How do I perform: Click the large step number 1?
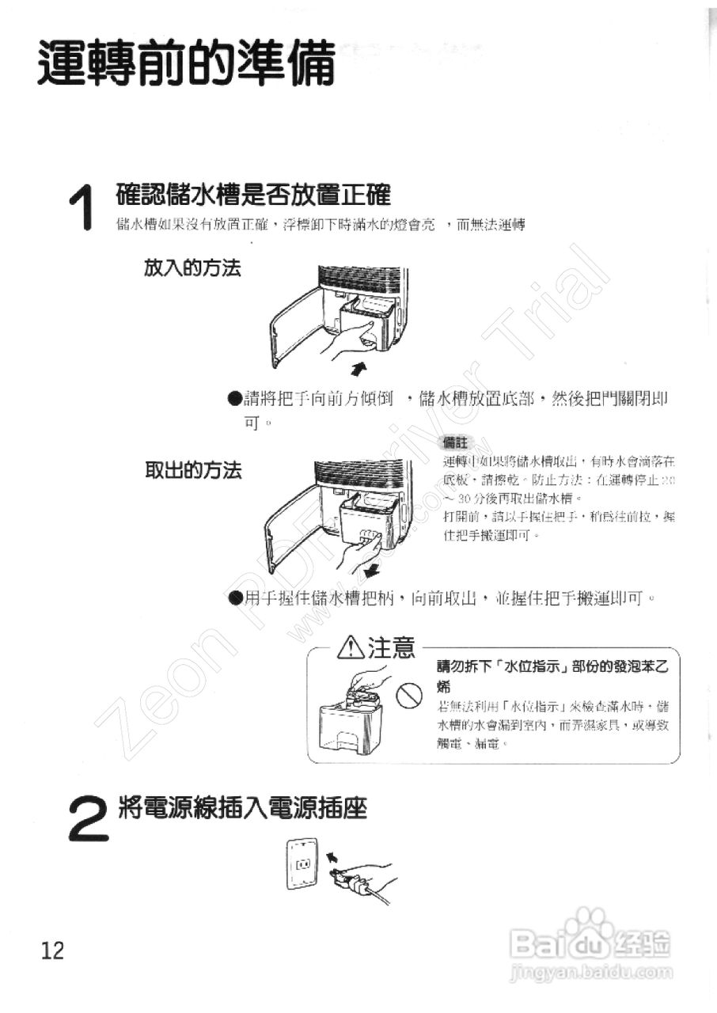click(x=82, y=209)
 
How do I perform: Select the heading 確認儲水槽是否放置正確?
click(x=253, y=195)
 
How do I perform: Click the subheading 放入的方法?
click(x=192, y=268)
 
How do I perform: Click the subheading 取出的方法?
click(x=192, y=471)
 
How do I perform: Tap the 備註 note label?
click(x=457, y=443)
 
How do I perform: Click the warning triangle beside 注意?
click(x=349, y=648)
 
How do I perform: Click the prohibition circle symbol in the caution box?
click(x=407, y=696)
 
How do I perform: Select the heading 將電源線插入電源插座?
click(x=242, y=808)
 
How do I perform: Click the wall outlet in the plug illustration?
click(x=301, y=865)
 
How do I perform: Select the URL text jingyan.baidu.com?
click(x=593, y=973)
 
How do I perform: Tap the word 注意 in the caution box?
click(x=391, y=648)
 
